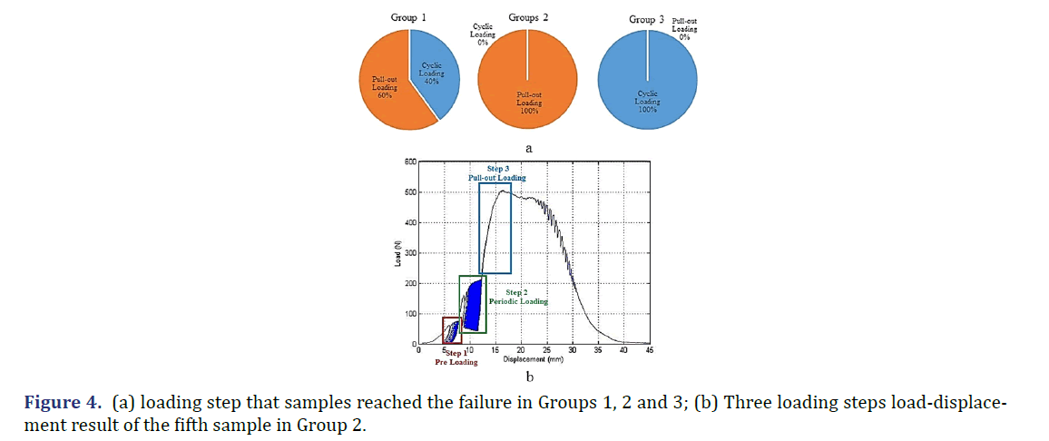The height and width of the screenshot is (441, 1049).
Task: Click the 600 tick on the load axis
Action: [x=409, y=162]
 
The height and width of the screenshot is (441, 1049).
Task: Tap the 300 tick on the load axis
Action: [x=409, y=253]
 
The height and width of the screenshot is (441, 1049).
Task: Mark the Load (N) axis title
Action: [x=397, y=253]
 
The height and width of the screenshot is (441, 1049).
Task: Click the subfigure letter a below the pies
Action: [x=529, y=146]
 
